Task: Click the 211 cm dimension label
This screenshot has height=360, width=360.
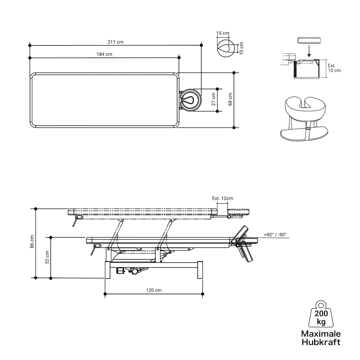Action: point(115,42)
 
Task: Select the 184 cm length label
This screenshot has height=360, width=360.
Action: point(104,54)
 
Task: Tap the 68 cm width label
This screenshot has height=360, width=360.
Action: point(230,99)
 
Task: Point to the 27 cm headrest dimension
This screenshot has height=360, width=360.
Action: point(213,99)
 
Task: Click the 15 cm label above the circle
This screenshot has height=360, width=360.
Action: point(223,33)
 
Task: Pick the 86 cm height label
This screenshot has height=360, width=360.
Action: point(32,241)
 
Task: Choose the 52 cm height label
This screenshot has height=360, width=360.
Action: point(47,257)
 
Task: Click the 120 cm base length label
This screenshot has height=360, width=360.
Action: point(154,290)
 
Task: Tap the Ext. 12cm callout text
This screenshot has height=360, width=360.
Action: point(223,198)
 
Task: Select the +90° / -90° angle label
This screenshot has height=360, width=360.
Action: point(275,235)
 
